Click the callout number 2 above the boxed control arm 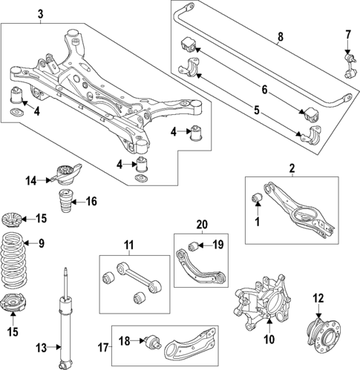292,169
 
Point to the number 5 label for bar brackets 258,112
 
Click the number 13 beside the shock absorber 42,346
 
